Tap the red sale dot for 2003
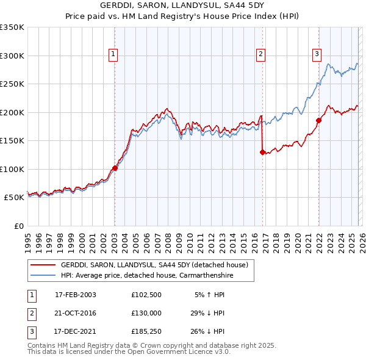pos(115,168)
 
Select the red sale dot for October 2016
pos(262,153)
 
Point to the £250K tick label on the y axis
pos(12,84)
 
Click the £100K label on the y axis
pos(12,169)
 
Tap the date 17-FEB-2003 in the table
pos(75,295)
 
